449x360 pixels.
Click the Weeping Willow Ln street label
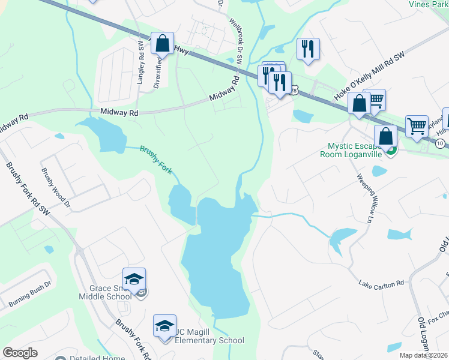point(366,198)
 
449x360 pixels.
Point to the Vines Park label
point(428,4)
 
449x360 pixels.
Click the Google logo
point(20,353)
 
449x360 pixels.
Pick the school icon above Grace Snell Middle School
point(134,279)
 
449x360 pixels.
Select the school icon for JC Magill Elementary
point(164,326)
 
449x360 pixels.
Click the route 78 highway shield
point(294,90)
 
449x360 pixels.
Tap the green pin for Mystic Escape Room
point(391,150)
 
